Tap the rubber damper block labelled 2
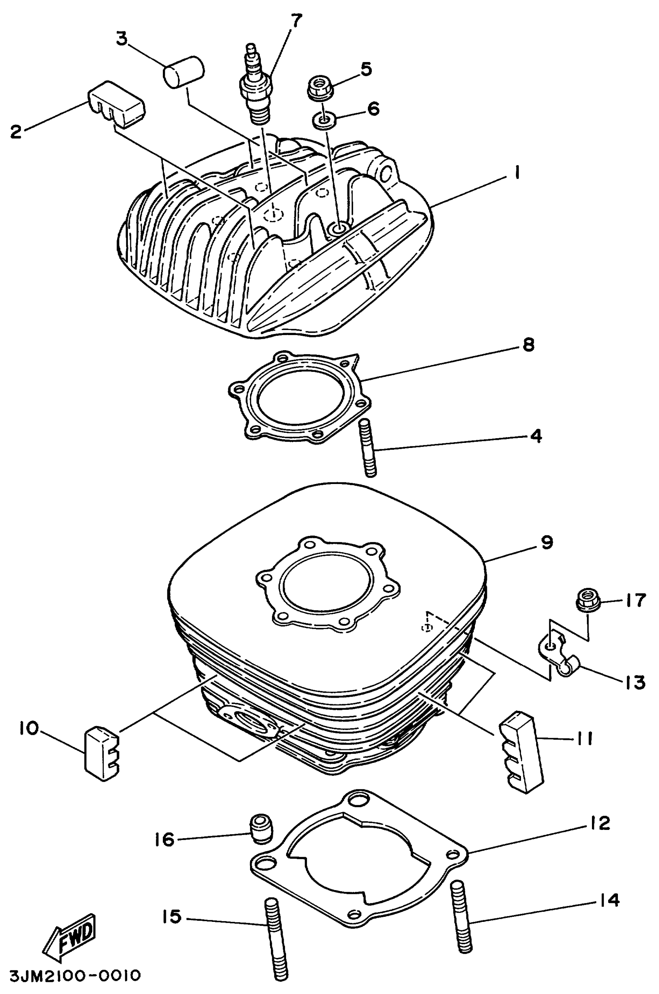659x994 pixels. pyautogui.click(x=116, y=103)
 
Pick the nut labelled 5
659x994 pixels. pyautogui.click(x=320, y=87)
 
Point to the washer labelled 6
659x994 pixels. pyautogui.click(x=323, y=121)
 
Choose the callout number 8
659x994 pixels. pyautogui.click(x=528, y=344)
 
